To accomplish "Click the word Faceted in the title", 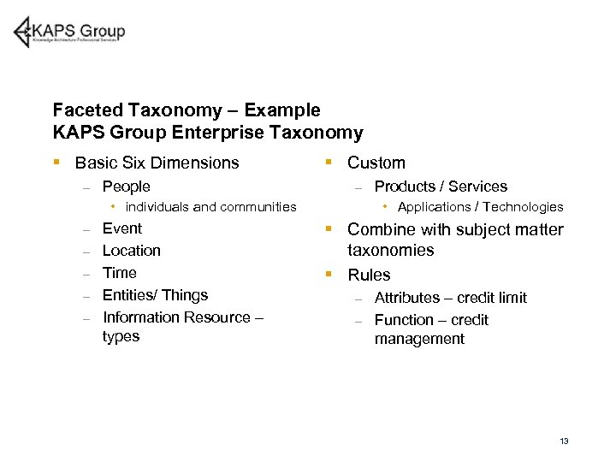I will pyautogui.click(x=88, y=110).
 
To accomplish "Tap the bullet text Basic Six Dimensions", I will pyautogui.click(x=157, y=163).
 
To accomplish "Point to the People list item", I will pyautogui.click(x=126, y=187).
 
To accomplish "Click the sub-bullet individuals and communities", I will pyautogui.click(x=210, y=207).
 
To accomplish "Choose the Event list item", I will pyautogui.click(x=121, y=228).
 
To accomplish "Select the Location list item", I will pyautogui.click(x=131, y=251).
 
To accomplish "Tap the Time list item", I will pyautogui.click(x=119, y=273).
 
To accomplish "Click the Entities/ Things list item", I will pyautogui.click(x=155, y=295).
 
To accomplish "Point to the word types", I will pyautogui.click(x=121, y=336).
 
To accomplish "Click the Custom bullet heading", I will pyautogui.click(x=376, y=163).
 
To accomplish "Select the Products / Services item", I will pyautogui.click(x=441, y=187).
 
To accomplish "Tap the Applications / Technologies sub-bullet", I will pyautogui.click(x=480, y=207).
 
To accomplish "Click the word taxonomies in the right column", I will pyautogui.click(x=390, y=251).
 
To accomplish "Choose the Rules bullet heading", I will pyautogui.click(x=369, y=275).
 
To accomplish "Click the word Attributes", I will pyautogui.click(x=407, y=298).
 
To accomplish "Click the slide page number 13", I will pyautogui.click(x=564, y=441).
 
